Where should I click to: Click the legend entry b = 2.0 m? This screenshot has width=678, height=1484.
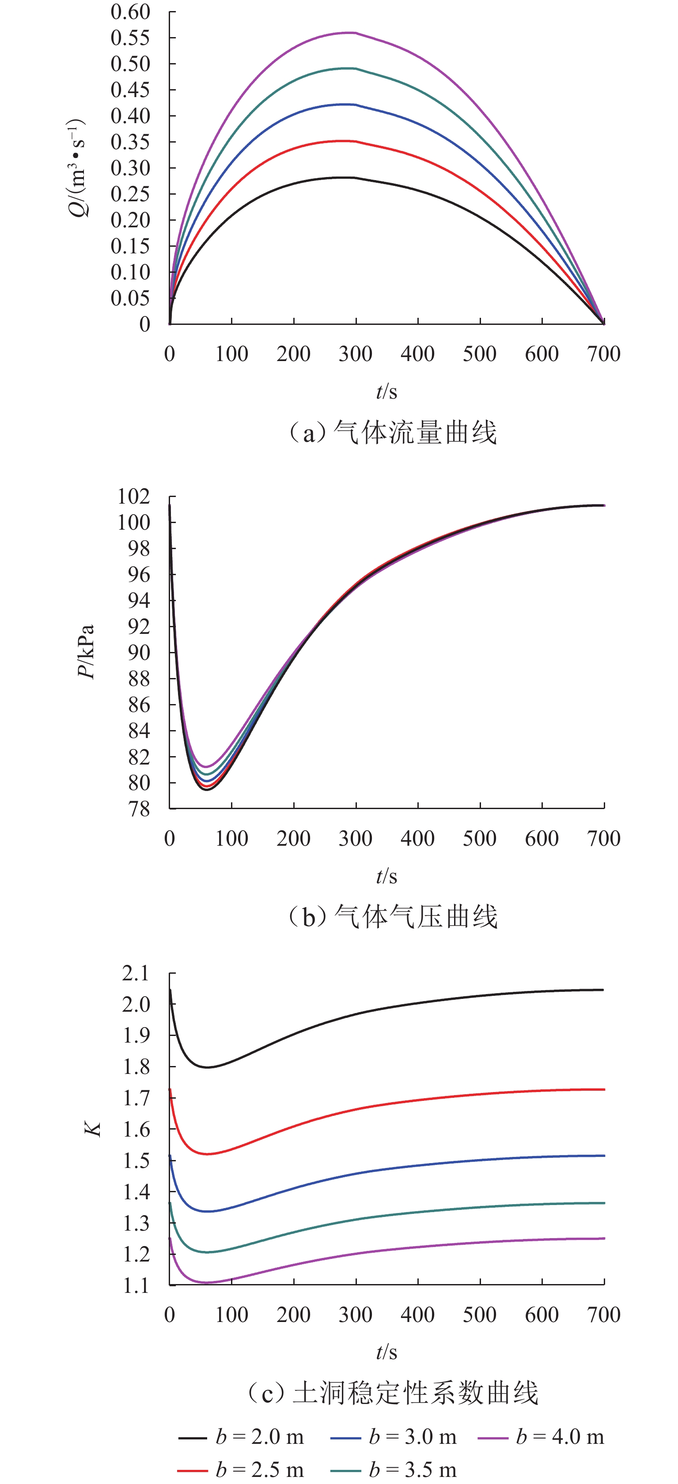[x=241, y=1437]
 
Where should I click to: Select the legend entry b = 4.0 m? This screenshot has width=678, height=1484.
[x=541, y=1437]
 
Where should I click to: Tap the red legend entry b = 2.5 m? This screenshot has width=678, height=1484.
[x=241, y=1469]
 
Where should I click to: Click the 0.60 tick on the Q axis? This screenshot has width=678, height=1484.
[x=130, y=12]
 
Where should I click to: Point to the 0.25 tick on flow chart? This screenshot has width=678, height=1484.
[x=130, y=194]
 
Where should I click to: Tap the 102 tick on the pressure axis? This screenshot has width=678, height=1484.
[x=134, y=497]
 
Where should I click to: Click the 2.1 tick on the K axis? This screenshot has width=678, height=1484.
[x=136, y=974]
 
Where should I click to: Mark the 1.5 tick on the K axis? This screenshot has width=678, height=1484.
[x=136, y=1161]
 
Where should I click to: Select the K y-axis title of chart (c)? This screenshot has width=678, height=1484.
[x=93, y=1129]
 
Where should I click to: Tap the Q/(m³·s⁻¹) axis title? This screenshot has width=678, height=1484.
[x=77, y=168]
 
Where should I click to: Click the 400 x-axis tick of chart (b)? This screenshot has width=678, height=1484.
[x=417, y=839]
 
